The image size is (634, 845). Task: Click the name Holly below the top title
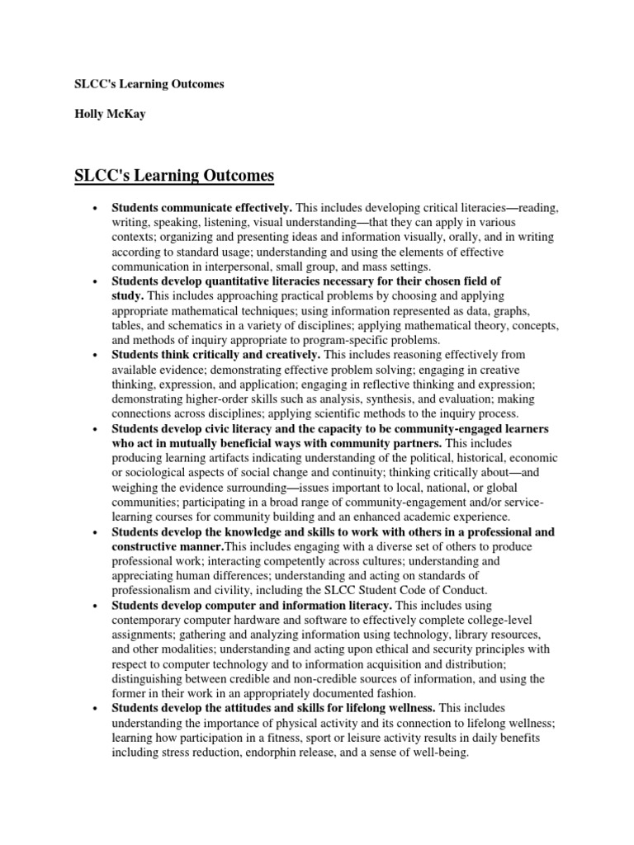pos(85,115)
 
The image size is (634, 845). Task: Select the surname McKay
pos(125,115)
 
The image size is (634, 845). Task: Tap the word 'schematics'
pos(183,325)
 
